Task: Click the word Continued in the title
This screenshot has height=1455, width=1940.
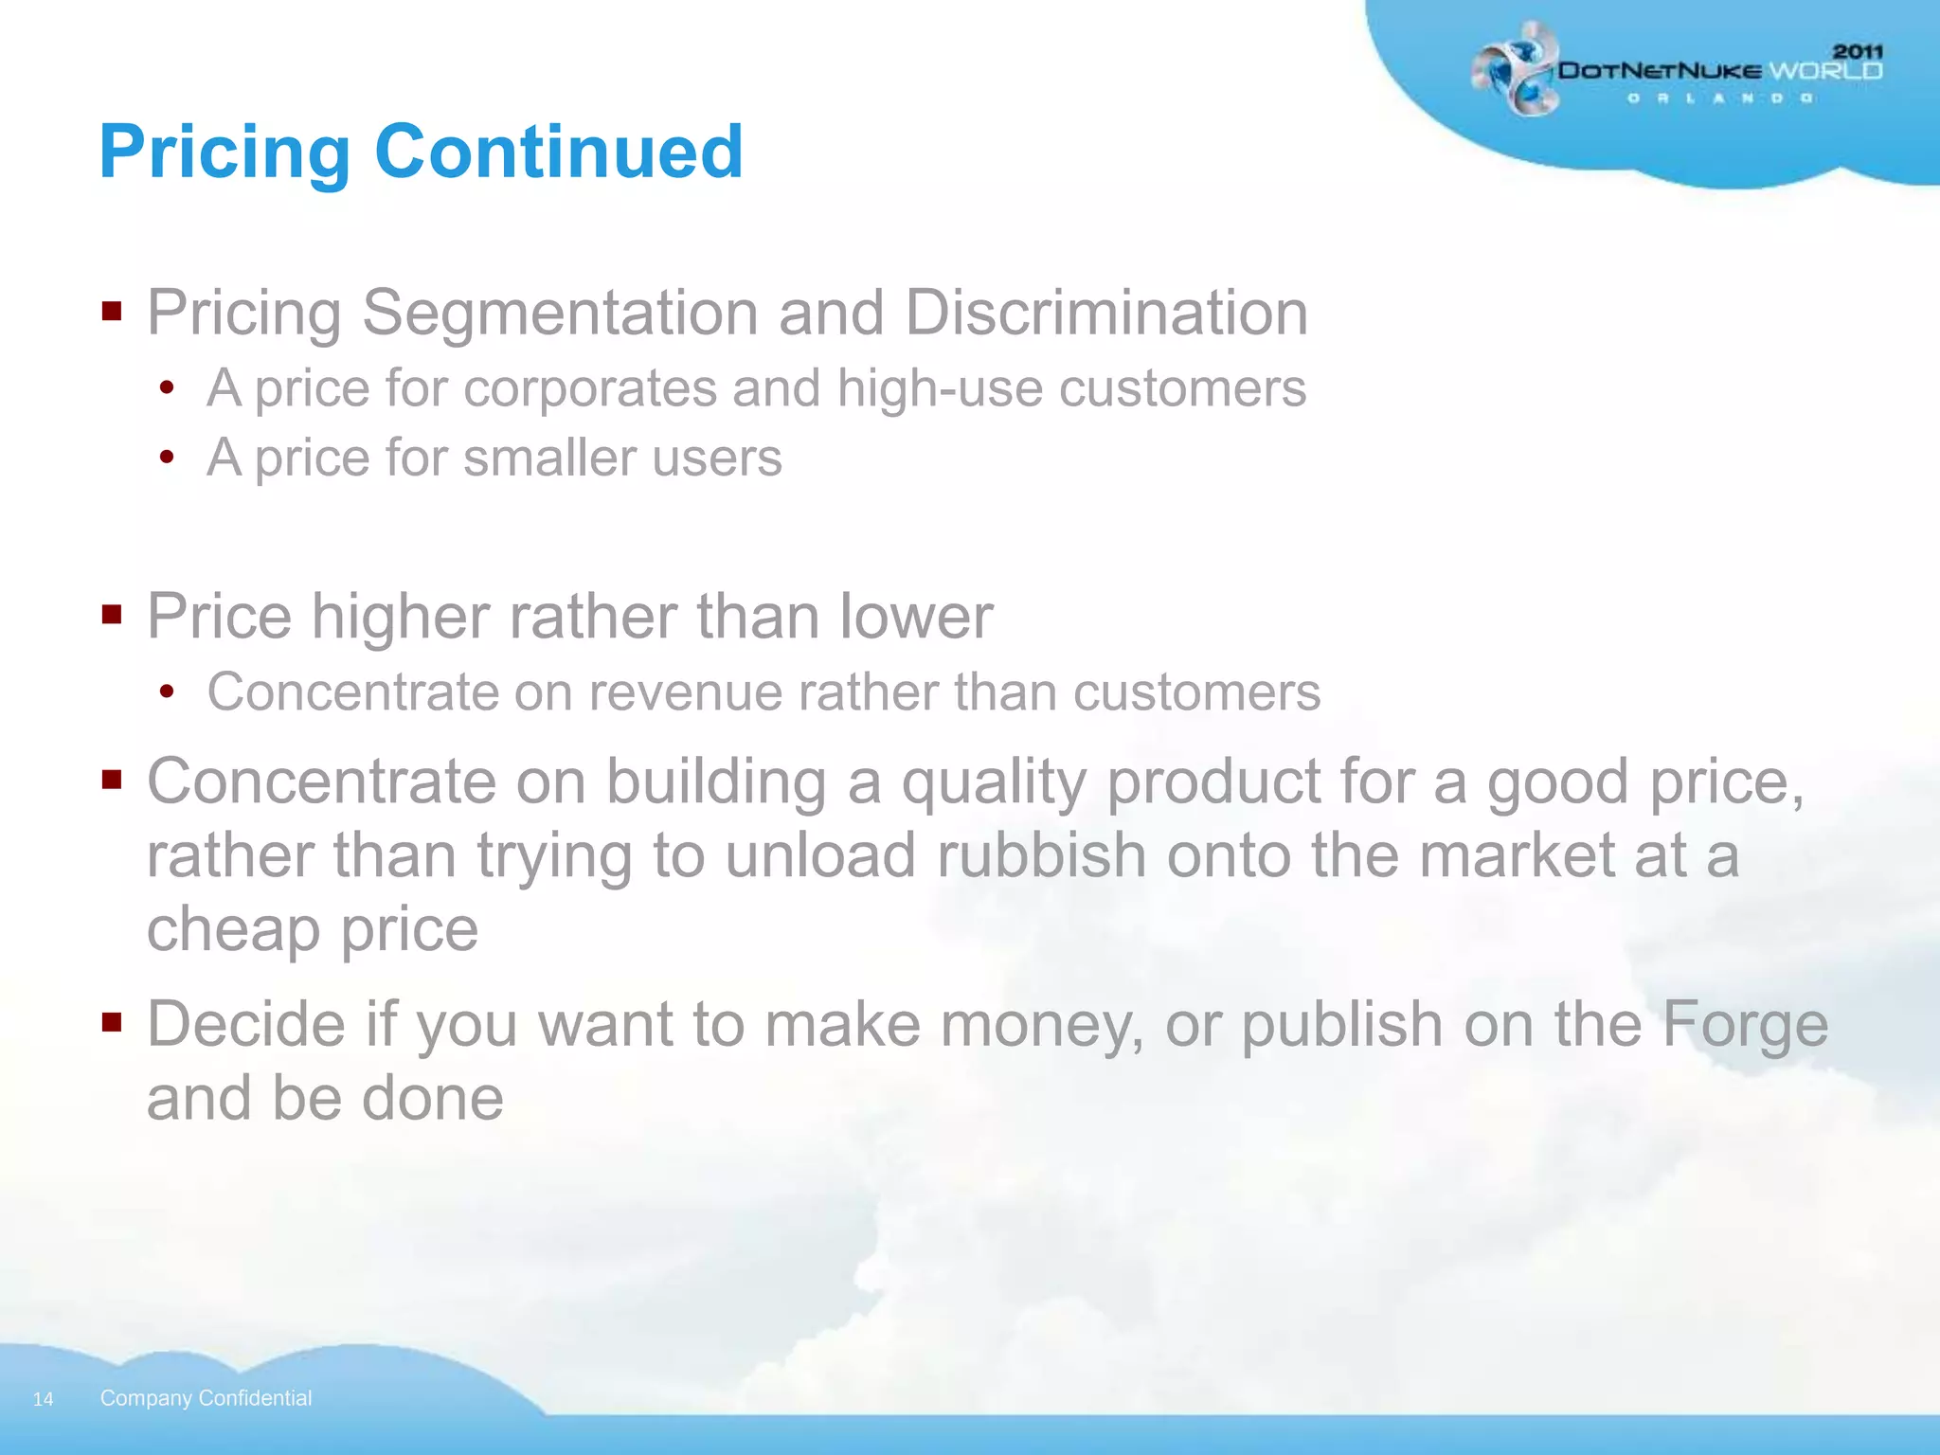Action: pos(559,152)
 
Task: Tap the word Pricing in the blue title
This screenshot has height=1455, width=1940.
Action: pos(225,153)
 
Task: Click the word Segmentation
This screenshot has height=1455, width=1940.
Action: pos(560,313)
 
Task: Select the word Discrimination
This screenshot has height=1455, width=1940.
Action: pos(1106,313)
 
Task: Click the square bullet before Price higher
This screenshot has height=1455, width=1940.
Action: pos(112,616)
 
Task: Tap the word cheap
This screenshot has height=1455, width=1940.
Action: pos(234,928)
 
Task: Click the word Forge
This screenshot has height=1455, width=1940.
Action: pos(1745,1025)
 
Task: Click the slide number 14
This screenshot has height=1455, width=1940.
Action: pos(43,1399)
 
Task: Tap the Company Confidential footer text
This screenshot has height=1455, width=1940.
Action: pos(206,1398)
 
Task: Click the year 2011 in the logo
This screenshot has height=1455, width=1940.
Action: pos(1858,51)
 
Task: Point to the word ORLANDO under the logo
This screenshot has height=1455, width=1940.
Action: pos(1719,99)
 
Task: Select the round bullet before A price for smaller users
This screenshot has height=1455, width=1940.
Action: pos(168,458)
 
